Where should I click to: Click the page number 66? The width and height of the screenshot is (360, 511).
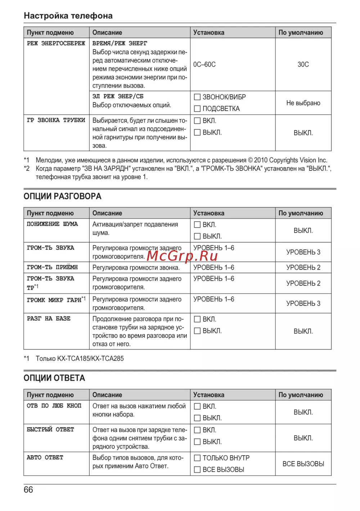click(x=28, y=490)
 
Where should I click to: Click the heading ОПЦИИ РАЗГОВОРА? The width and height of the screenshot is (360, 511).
click(x=62, y=196)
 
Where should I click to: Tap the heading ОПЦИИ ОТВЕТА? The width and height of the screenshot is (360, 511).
click(x=54, y=378)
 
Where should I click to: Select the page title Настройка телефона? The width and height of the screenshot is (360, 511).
click(x=68, y=16)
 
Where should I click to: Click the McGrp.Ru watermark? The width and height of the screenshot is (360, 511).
click(x=183, y=256)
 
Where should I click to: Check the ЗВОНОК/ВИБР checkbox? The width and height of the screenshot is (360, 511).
click(x=197, y=97)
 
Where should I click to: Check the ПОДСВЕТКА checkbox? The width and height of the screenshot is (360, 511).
click(x=197, y=108)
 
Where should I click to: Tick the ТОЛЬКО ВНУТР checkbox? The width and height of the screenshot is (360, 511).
click(x=197, y=458)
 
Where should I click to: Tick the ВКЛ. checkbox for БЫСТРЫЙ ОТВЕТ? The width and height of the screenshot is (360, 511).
click(x=197, y=430)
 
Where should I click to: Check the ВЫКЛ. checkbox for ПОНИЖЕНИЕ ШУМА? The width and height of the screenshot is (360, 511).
click(x=197, y=236)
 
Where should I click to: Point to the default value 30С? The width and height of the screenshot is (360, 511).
click(x=303, y=64)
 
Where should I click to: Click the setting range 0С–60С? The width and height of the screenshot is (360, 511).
click(x=204, y=64)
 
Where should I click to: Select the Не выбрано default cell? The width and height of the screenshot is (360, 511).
click(x=303, y=103)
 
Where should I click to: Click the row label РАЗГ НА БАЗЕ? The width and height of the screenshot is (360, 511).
click(x=49, y=319)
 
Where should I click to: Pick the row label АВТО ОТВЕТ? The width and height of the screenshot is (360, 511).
click(x=45, y=458)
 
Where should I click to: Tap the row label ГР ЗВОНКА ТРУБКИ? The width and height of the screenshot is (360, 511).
click(x=56, y=120)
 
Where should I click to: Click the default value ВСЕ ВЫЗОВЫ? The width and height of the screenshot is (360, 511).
click(x=303, y=464)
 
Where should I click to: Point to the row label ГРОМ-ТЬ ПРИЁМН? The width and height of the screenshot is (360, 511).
click(x=52, y=268)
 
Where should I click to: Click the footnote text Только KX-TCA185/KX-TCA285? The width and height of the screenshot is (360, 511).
click(x=80, y=359)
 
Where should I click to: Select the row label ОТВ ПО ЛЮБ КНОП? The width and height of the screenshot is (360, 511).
click(x=54, y=406)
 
